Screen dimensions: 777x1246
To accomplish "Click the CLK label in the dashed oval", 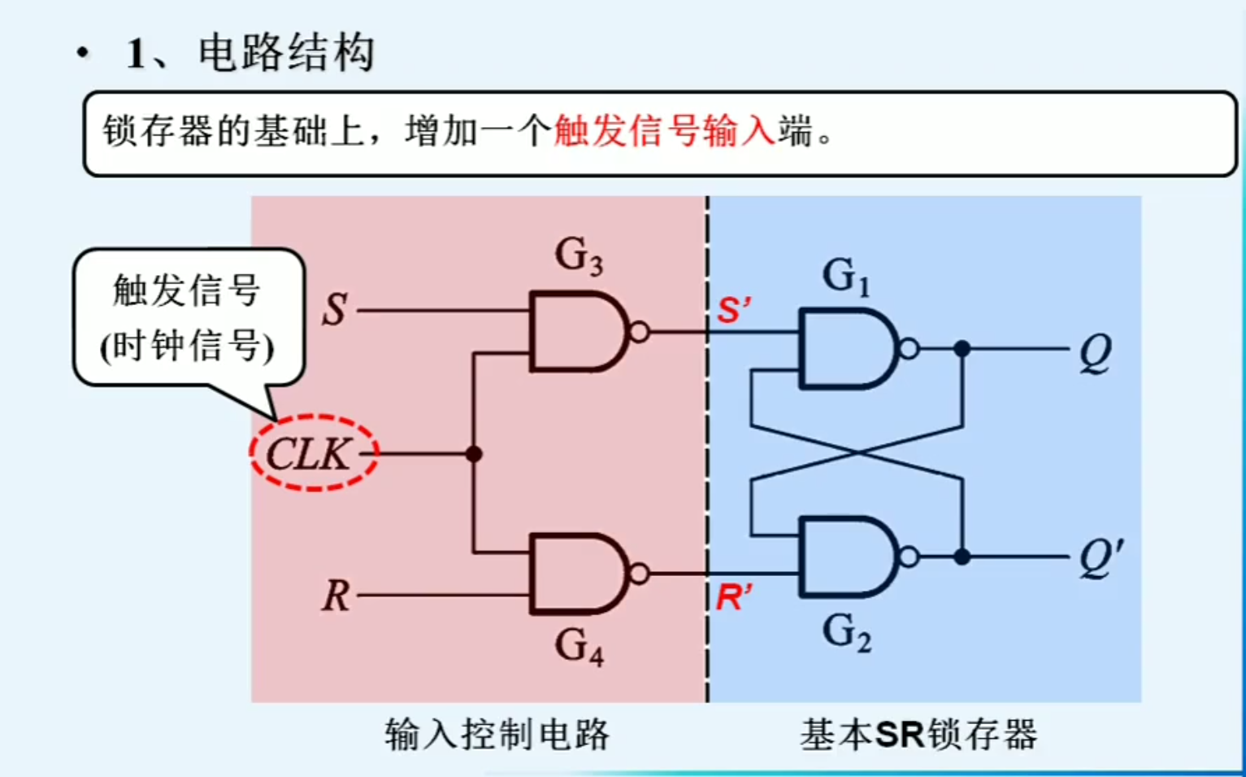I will click(x=310, y=454).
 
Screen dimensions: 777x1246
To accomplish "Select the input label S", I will click(x=334, y=310).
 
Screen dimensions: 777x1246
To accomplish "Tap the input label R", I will click(x=335, y=596).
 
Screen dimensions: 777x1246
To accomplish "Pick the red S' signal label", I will click(x=733, y=310).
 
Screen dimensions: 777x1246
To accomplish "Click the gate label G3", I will click(x=579, y=255).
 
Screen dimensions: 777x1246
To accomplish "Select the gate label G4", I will click(x=579, y=646).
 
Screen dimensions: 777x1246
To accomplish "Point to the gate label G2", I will click(x=846, y=632).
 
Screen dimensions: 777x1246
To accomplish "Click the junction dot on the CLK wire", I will click(x=474, y=454).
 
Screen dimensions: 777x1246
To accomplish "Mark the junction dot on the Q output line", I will click(x=962, y=349).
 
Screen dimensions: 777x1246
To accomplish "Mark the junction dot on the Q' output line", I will click(x=962, y=557).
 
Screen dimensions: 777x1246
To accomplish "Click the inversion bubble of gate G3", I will click(x=640, y=332).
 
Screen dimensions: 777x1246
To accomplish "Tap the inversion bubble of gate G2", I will click(x=910, y=557).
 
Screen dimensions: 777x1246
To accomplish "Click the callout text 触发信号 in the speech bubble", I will click(x=186, y=290).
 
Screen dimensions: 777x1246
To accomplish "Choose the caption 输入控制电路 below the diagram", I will click(x=497, y=735).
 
